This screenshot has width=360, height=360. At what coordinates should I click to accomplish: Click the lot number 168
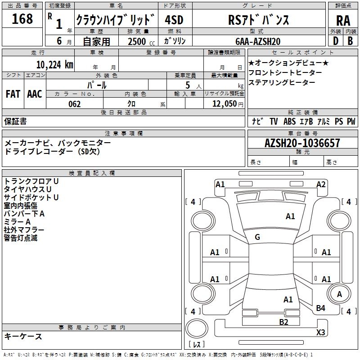pos(22,19)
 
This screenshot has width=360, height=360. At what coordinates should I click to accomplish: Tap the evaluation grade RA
pos(343,21)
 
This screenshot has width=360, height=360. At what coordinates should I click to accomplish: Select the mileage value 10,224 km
pos(54,65)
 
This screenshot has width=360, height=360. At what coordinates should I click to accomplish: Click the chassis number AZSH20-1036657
pos(302,143)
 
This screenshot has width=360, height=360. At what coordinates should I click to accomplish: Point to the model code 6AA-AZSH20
pos(258,41)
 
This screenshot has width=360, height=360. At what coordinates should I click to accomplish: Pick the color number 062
pos(75,104)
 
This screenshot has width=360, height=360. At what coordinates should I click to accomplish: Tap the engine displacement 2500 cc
pos(141,41)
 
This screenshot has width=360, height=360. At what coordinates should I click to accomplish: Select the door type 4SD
pos(174,20)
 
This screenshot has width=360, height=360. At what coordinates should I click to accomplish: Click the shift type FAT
pos(13,94)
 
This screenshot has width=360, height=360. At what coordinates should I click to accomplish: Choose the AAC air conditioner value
pos(35,94)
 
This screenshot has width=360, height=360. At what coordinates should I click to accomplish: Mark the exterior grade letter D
pos(336,41)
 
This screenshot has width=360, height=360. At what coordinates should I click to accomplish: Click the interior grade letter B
pos(350,41)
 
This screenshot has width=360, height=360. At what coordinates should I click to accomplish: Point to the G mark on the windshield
pos(257,237)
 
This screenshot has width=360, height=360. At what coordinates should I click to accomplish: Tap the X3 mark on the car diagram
pos(320,332)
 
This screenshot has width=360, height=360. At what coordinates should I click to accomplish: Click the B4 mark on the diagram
pos(320,308)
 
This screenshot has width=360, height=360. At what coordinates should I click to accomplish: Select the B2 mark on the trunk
pos(283,322)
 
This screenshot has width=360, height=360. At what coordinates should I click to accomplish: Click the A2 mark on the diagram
pos(321,184)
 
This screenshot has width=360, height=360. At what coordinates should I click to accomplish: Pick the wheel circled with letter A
pos(339,294)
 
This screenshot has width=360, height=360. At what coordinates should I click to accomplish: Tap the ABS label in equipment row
pos(289,121)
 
